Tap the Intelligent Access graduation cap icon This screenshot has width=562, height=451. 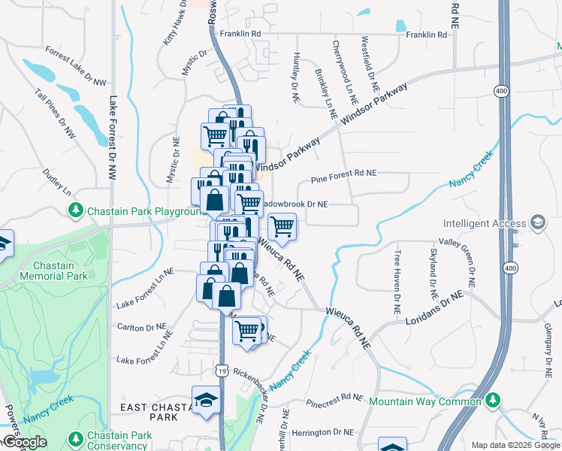click(538, 223)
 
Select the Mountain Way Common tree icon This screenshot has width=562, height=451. click(493, 401)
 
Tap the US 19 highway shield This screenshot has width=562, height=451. click(220, 370)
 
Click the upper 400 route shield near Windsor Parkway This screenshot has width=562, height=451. click(501, 91)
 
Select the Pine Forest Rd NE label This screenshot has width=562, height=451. click(343, 173)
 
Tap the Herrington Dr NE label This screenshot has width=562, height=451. click(322, 432)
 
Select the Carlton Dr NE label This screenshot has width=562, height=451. click(141, 327)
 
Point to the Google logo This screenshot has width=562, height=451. click(24, 442)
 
